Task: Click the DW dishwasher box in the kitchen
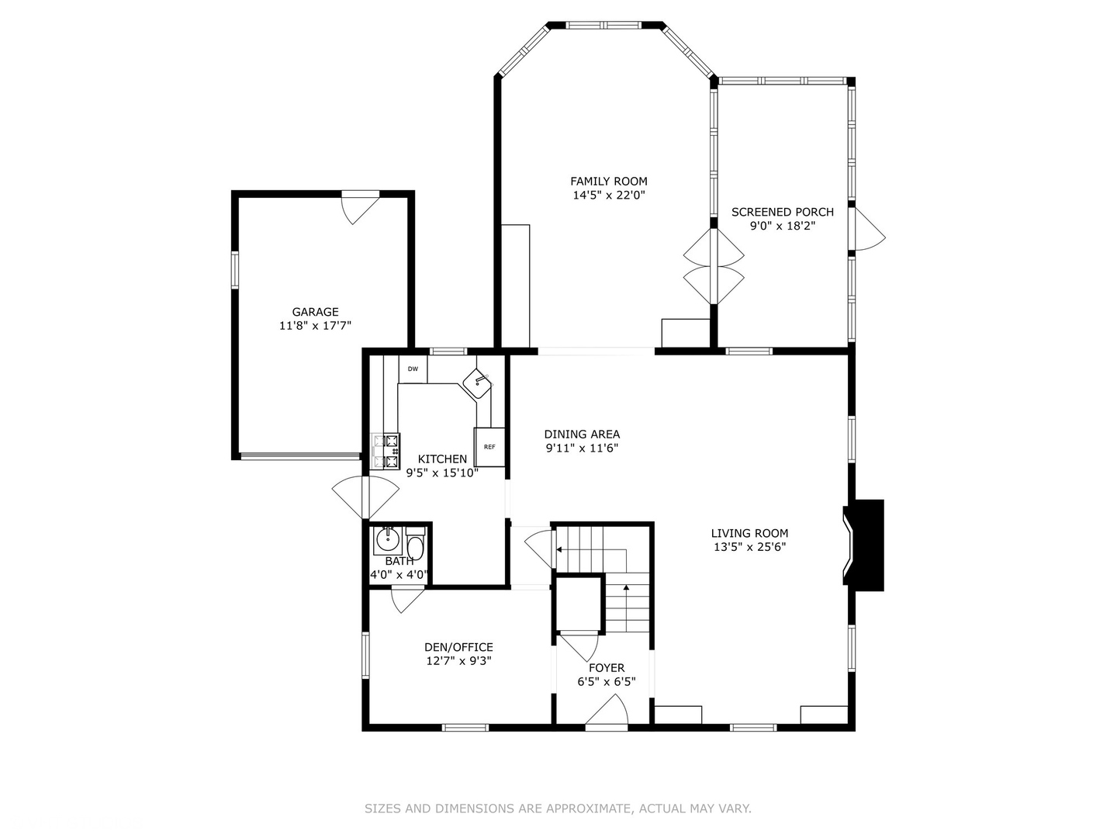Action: coord(413,369)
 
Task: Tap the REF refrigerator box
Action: coord(489,447)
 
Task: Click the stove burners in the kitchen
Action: coord(386,452)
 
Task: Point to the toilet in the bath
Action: coord(415,545)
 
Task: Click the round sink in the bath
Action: coord(387,538)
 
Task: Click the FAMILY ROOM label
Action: coord(609,182)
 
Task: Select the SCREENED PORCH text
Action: coord(782,212)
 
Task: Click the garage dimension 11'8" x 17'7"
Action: coord(315,327)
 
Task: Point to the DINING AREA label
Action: coord(582,435)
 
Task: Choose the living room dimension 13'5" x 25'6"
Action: coord(749,547)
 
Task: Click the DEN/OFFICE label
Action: coord(458,647)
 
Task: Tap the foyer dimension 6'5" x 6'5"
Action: coord(606,682)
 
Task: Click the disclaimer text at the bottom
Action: coord(558,809)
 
